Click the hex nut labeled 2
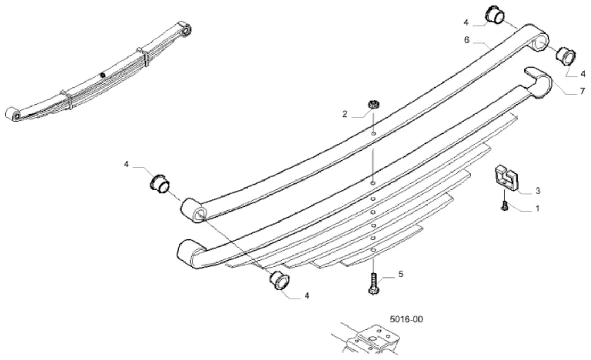coord(373,104)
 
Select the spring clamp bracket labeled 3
coord(506,177)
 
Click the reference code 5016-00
coord(406,320)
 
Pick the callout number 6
coord(466,40)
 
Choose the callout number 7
coord(582,91)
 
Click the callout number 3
coord(538,191)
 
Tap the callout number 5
coord(401,274)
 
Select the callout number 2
coord(344,114)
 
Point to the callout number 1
coord(537,208)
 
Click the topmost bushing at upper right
coord(494,15)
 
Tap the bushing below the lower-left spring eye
coord(280,280)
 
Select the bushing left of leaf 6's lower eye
coord(160,183)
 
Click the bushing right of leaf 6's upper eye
coord(567,56)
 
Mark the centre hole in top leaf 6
coord(373,133)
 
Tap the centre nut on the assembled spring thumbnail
coord(103,75)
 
